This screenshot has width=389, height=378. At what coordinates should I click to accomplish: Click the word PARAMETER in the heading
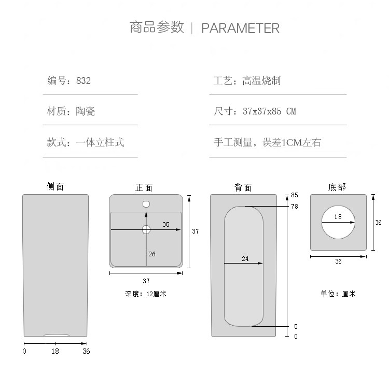point(240,28)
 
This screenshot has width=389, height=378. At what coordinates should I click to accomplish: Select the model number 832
point(84,81)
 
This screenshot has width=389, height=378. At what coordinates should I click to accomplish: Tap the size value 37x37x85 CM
point(269,111)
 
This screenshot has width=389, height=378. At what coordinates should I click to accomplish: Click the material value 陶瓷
point(86,111)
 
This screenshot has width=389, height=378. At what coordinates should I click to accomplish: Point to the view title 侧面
point(55,186)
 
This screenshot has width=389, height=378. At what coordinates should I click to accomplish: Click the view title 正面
point(144,187)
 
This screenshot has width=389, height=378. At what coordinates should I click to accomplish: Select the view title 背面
point(243,187)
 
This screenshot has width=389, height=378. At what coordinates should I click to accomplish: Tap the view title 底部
point(337,187)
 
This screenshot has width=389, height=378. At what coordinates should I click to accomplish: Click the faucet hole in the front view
point(146,204)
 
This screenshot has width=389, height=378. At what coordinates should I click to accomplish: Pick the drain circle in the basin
point(146,229)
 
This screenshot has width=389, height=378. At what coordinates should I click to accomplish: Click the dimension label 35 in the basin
point(166,224)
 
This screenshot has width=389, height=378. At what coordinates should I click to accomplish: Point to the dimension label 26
point(152,254)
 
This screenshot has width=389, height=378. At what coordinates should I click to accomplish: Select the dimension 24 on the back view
point(245,258)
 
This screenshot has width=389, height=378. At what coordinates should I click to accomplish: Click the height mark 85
point(295,195)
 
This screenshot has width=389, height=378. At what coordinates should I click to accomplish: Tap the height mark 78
point(295,206)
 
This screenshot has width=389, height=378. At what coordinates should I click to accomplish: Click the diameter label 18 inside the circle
point(338,217)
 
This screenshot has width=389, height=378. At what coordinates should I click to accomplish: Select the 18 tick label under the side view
point(55,351)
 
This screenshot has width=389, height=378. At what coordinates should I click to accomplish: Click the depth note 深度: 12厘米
point(146,294)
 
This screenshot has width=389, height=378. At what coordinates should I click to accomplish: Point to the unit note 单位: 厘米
point(338,294)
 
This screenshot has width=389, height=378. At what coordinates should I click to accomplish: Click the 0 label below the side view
point(24,351)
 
